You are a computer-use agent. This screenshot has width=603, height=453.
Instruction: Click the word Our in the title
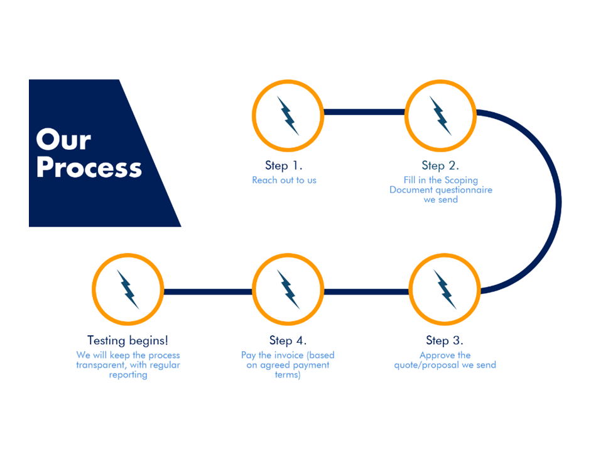(63, 140)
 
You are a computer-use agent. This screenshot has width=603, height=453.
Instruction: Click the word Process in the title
(89, 168)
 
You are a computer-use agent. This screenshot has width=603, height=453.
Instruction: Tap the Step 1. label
(284, 165)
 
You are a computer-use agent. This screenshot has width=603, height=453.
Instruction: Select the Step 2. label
(440, 165)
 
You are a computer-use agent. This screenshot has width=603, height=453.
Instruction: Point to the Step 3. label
(445, 340)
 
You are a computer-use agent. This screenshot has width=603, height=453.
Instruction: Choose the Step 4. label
(288, 340)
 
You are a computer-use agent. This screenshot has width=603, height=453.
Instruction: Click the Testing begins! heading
(128, 340)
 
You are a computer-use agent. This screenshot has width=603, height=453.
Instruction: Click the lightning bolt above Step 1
(288, 115)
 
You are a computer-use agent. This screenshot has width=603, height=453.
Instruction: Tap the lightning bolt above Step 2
(440, 115)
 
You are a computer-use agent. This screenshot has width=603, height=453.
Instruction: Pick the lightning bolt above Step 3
(445, 289)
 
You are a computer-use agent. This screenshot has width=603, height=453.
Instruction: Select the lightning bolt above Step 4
(288, 289)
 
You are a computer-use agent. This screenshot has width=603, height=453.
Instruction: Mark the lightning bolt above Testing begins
(128, 289)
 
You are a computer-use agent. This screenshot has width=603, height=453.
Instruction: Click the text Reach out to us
(284, 180)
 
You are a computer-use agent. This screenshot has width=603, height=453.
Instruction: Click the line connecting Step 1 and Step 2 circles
(364, 113)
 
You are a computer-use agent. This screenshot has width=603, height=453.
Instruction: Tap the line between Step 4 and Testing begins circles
(207, 292)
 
